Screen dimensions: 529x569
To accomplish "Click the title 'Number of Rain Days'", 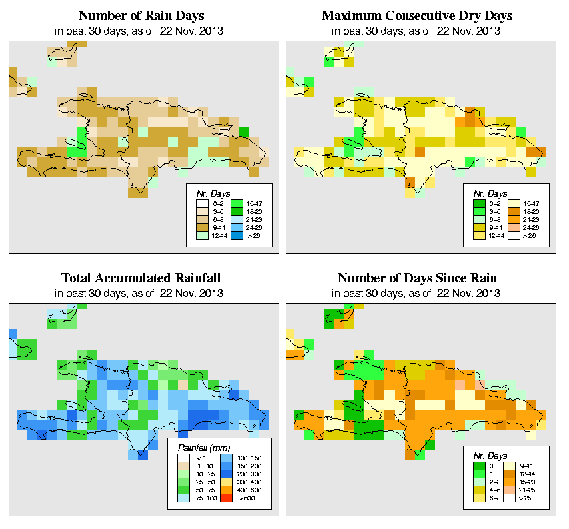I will point(141,15).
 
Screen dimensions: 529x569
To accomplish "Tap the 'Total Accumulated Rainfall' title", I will point(141,278).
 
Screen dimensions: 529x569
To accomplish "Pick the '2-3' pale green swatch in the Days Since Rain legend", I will point(477,480).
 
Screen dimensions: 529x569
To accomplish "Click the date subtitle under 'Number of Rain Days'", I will point(141,31).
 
